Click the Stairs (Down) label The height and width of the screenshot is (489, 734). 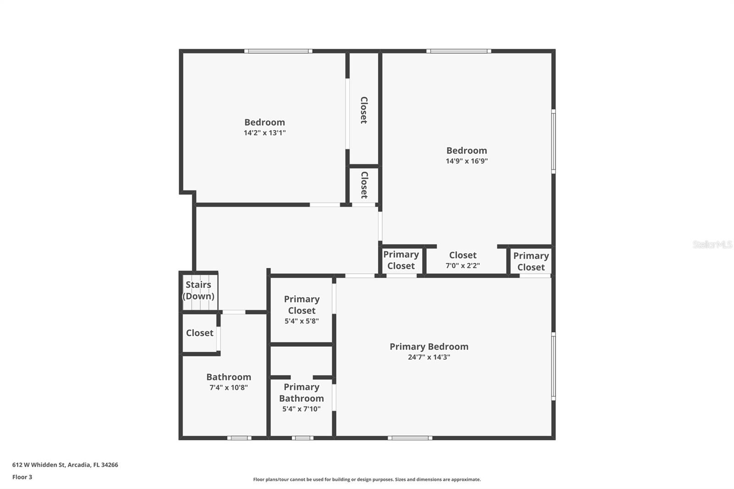[198, 290]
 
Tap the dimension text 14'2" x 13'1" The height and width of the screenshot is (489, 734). [264, 133]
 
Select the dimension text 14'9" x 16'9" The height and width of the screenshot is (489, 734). [467, 161]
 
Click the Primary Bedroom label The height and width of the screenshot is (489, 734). [429, 347]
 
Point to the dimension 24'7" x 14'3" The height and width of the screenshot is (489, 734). [429, 357]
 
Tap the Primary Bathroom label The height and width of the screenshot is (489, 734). [301, 393]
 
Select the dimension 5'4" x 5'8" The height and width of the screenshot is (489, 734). [301, 321]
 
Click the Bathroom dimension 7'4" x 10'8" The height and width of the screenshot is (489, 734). [228, 388]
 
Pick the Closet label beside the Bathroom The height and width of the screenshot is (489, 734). [200, 333]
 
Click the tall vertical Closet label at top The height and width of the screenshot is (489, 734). [364, 110]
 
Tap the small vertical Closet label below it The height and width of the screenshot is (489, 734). [364, 185]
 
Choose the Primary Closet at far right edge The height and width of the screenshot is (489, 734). [531, 261]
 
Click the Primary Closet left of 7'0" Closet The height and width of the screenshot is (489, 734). [401, 260]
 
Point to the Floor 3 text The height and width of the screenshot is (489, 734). [22, 477]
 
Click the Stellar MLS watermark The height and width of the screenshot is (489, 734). [712, 244]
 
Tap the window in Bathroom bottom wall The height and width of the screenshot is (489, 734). [239, 438]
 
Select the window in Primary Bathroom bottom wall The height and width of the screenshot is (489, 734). [302, 438]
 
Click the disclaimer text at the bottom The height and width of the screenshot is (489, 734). [367, 479]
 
